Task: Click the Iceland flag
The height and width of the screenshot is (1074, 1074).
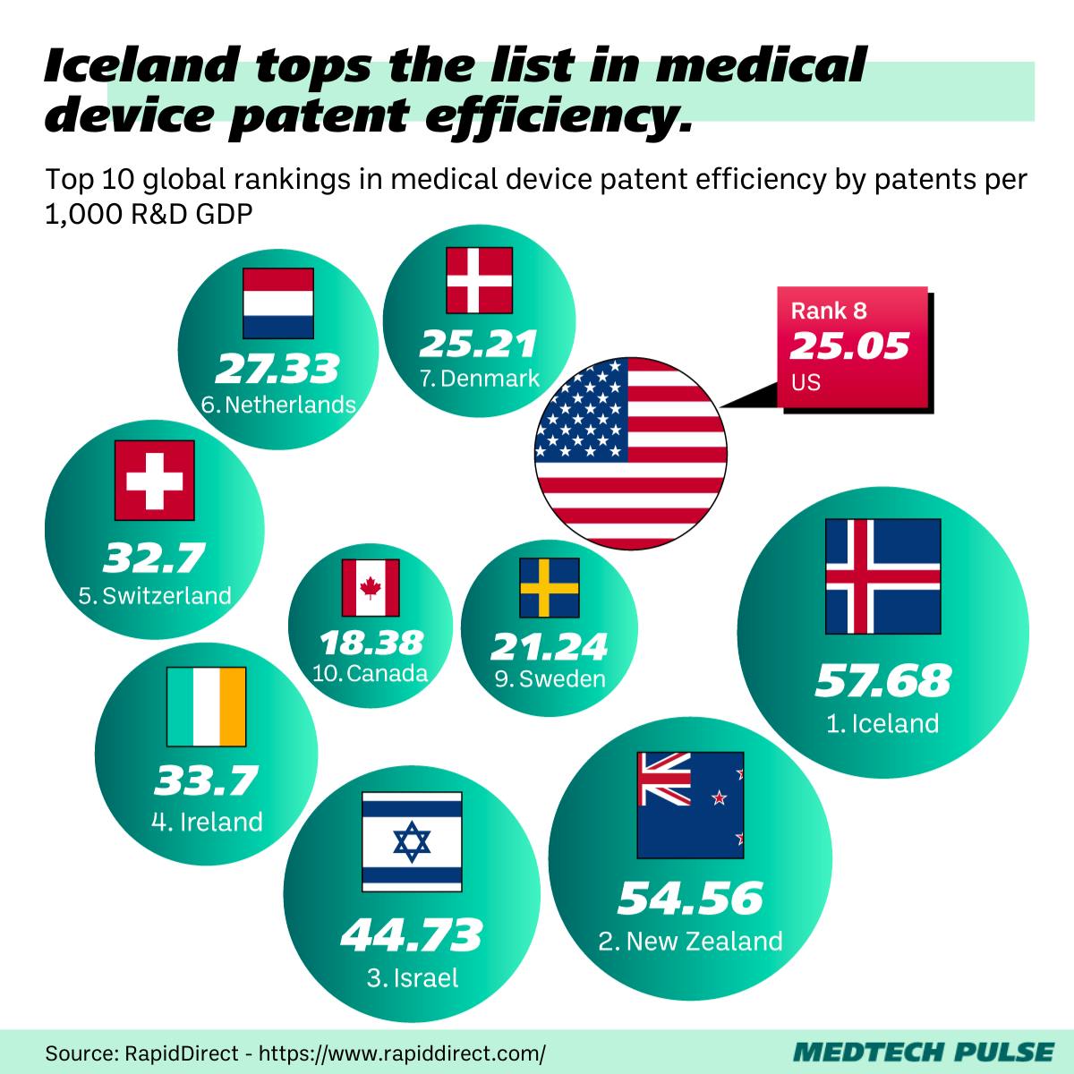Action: [x=882, y=576]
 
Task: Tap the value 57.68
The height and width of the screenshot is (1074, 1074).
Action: [x=882, y=681]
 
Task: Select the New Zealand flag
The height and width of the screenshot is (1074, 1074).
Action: [x=690, y=805]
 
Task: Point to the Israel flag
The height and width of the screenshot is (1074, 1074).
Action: [x=412, y=841]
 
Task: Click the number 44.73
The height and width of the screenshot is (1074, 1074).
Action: [x=412, y=935]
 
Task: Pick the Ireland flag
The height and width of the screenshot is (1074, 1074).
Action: [x=206, y=707]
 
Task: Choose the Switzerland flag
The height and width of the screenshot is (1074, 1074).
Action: [x=154, y=480]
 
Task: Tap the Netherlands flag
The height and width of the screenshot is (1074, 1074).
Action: [x=278, y=304]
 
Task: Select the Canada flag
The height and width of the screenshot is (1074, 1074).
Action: [x=371, y=588]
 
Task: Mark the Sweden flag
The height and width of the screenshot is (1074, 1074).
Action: [x=550, y=587]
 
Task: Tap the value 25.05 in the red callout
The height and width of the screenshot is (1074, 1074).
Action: [x=849, y=345]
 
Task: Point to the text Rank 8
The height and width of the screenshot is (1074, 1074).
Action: [x=829, y=311]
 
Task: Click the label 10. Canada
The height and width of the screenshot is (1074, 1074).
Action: [x=371, y=673]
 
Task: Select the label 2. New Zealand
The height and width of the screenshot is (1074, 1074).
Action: [x=690, y=942]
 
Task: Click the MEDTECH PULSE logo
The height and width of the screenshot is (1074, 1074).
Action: [x=924, y=1051]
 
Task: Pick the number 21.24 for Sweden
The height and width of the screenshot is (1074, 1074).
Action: [x=550, y=646]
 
